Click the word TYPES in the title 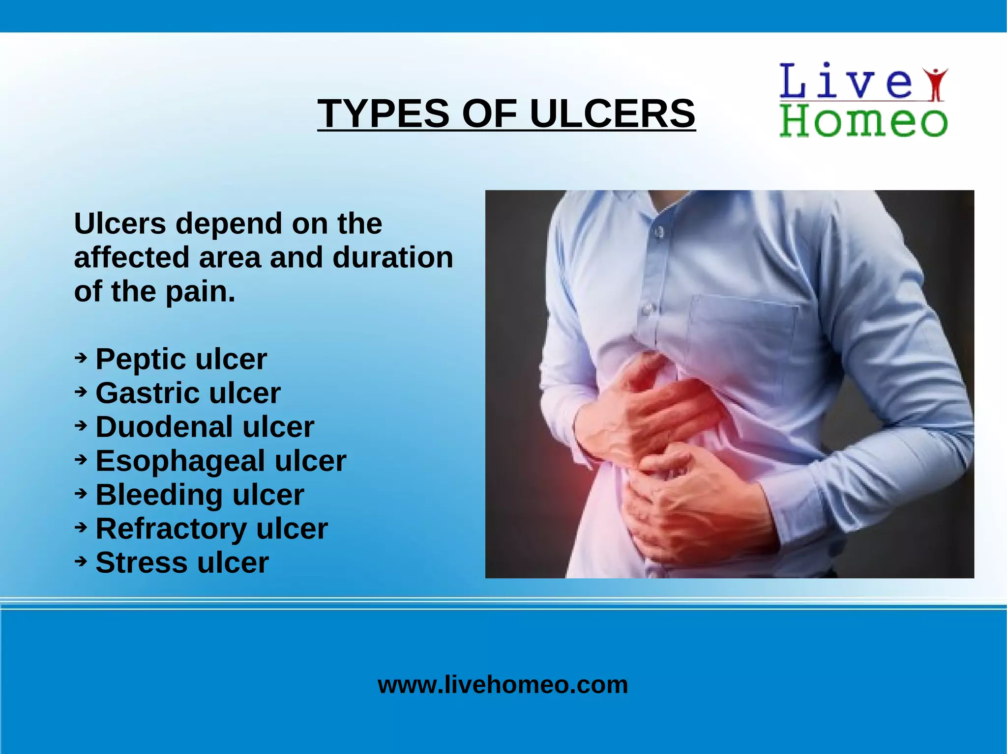(x=383, y=113)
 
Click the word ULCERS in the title (x=612, y=113)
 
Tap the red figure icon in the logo (x=936, y=84)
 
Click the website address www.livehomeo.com (x=503, y=684)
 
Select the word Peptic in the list (x=136, y=359)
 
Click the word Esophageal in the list (x=180, y=461)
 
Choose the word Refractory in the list (x=170, y=529)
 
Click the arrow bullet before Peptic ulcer (x=81, y=358)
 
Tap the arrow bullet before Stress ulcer (x=81, y=561)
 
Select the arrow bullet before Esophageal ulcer (x=81, y=459)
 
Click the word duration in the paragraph (x=392, y=257)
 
